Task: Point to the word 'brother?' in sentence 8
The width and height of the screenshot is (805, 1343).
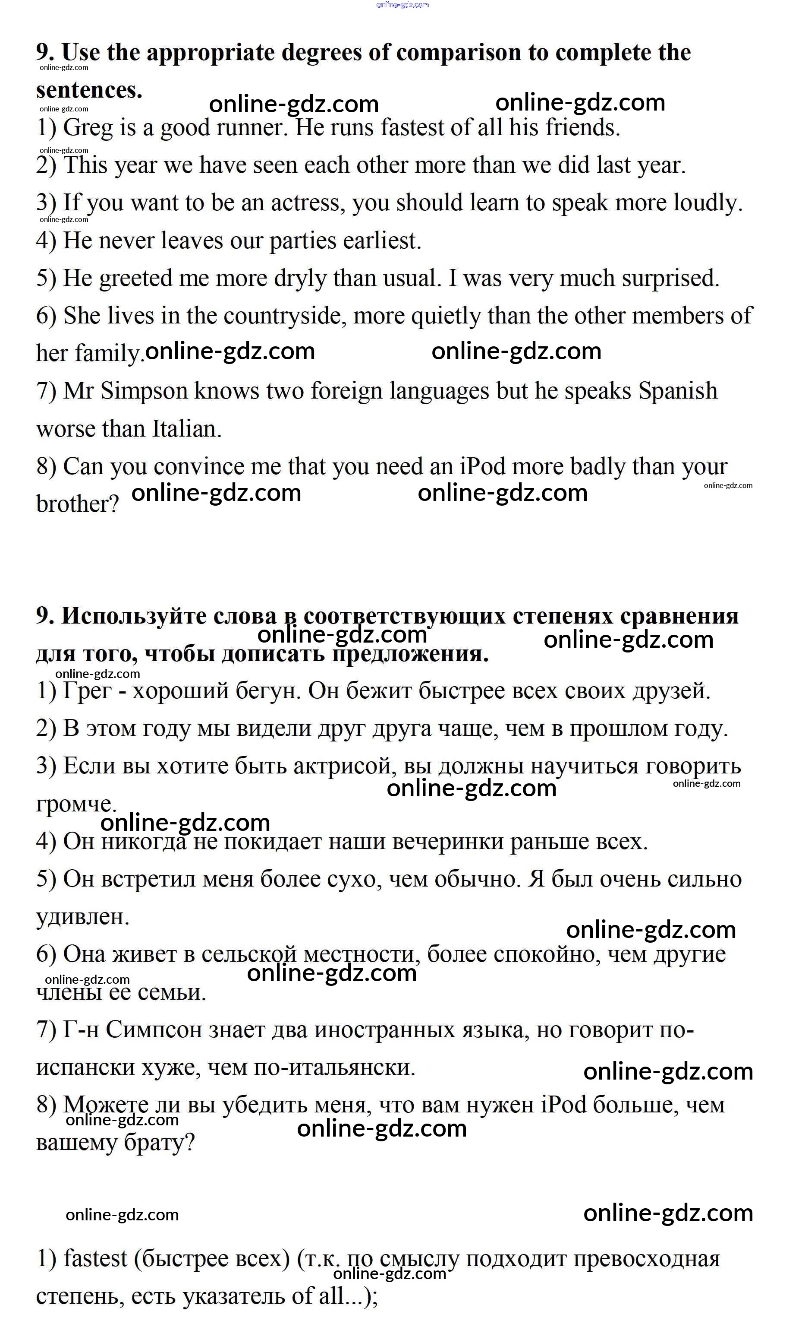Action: (78, 505)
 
